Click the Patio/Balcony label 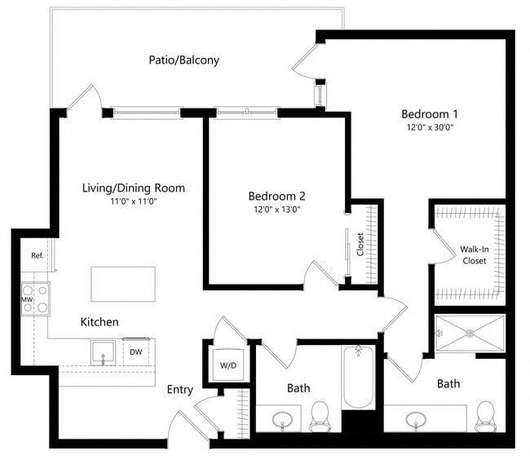183,60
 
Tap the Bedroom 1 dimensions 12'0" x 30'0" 431,128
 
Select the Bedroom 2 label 276,196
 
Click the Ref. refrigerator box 38,255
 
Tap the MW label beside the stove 25,300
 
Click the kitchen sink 103,352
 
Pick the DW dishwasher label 135,352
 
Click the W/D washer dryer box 229,365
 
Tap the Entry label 180,390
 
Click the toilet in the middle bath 320,415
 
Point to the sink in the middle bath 283,420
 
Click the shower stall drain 470,332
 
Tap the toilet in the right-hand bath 486,413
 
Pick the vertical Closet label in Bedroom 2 360,245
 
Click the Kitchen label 99,322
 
